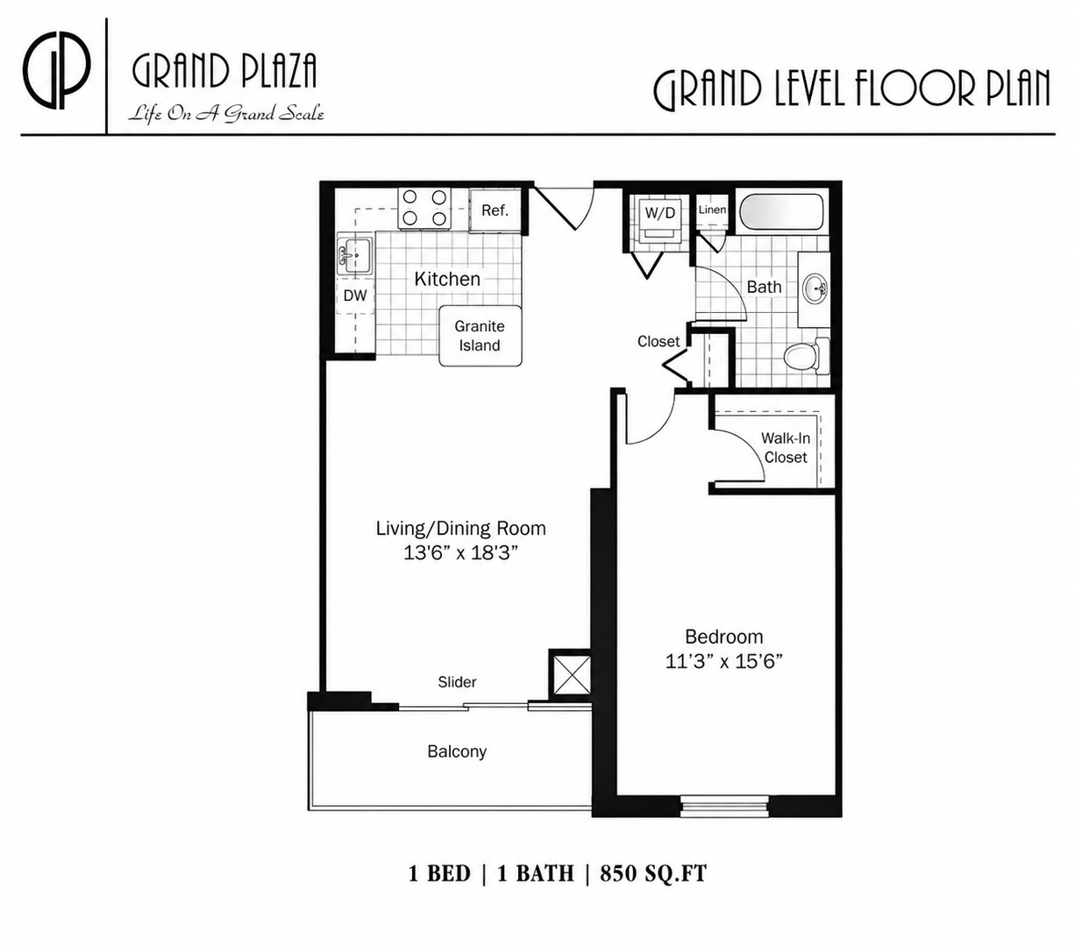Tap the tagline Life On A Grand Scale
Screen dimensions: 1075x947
226,113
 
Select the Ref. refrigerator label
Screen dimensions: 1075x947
495,210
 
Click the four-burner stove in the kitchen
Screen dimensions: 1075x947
424,209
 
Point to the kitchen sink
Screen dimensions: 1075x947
355,256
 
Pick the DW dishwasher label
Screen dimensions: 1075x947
355,295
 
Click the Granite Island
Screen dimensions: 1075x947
481,335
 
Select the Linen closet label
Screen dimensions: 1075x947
712,210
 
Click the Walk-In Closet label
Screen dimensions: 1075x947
786,447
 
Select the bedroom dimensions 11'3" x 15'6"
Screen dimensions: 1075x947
724,661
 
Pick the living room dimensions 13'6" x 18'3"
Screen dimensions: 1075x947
460,553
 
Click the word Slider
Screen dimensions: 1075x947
457,681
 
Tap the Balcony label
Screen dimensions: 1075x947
457,751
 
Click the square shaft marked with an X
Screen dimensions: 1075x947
572,674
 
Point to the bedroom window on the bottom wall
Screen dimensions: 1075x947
725,806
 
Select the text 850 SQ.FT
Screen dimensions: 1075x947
653,873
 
